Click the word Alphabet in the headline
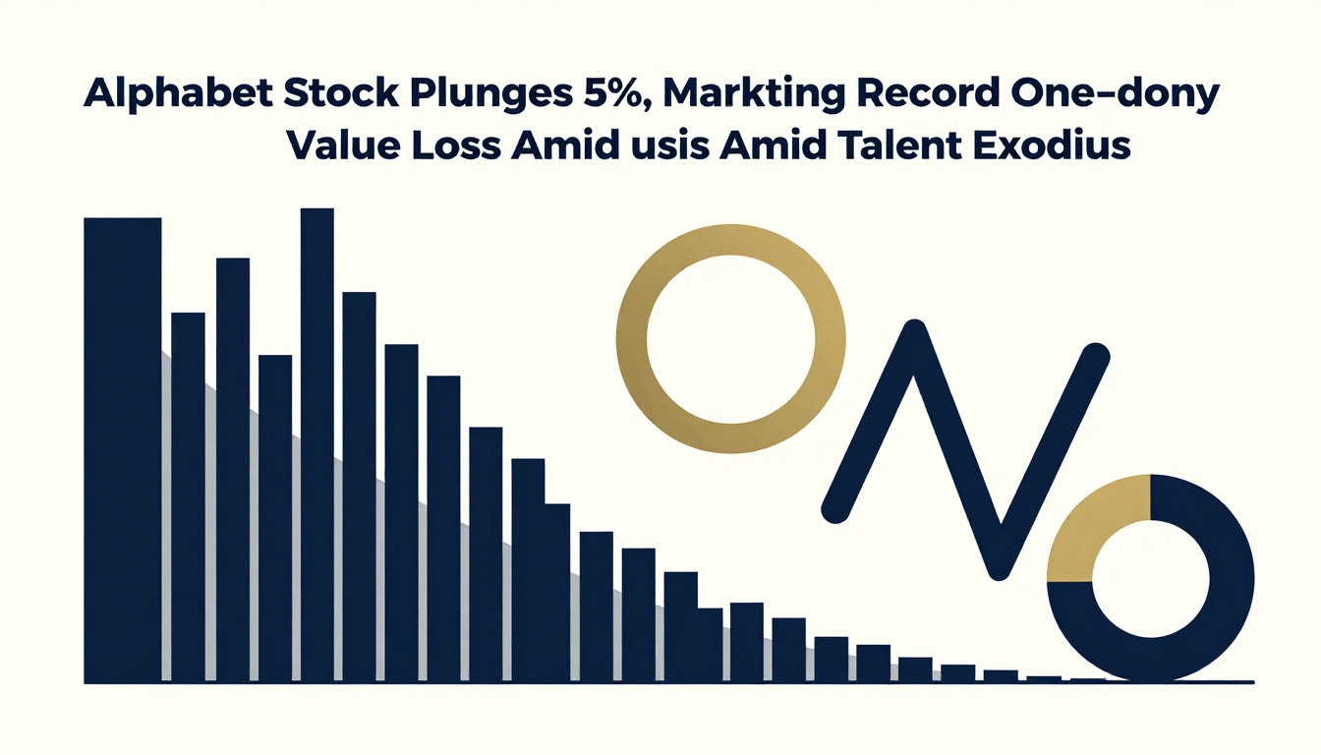pos(178,93)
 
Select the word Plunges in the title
pos(490,94)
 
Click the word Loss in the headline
pos(456,145)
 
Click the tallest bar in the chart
pos(317,445)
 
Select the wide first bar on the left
pos(123,450)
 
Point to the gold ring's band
pos(632,339)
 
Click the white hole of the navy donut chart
pos(1151,579)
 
